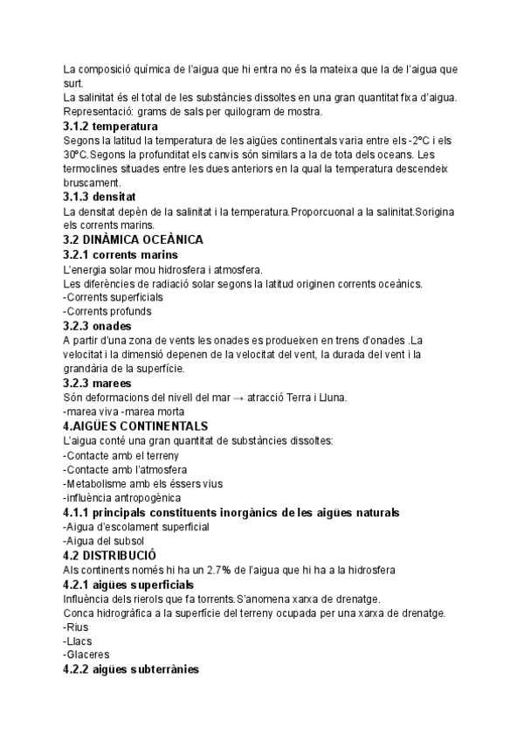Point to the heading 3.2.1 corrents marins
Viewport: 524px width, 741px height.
click(128, 254)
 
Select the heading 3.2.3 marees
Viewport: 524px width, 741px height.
click(98, 383)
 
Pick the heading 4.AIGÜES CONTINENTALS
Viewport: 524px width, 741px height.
click(135, 426)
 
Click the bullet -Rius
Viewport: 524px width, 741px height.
click(77, 627)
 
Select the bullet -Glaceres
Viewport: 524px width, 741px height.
click(86, 654)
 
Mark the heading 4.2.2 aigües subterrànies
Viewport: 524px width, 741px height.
click(131, 669)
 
